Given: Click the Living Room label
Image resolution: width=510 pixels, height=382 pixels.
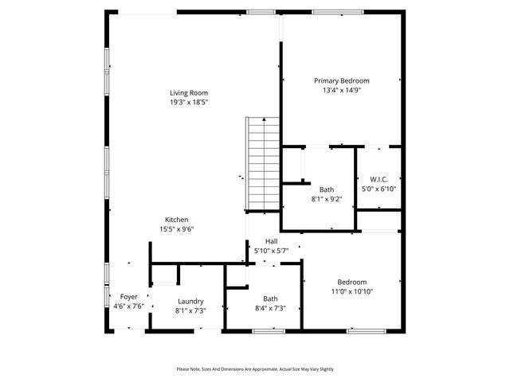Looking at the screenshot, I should [x=188, y=93].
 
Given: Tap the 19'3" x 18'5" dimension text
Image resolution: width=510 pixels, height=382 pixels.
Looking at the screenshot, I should [x=188, y=103].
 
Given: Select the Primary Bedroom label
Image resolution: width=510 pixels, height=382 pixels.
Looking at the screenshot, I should [x=341, y=80].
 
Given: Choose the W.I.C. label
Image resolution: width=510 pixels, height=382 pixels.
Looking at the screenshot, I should [x=379, y=179].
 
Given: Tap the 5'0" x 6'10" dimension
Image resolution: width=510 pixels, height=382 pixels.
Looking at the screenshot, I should [x=379, y=189].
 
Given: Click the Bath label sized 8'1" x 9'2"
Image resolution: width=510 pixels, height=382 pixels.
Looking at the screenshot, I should [x=327, y=189].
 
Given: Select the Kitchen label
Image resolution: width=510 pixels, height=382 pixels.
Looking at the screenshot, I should [x=176, y=220].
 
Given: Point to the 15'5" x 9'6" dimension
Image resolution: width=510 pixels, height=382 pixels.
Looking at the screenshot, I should [x=176, y=229].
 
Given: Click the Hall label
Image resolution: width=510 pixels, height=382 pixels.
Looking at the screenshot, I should [x=271, y=241].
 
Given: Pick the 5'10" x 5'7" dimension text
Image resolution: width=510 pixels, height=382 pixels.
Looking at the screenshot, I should [x=271, y=251].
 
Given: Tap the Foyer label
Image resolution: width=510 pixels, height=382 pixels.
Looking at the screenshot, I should [x=128, y=296].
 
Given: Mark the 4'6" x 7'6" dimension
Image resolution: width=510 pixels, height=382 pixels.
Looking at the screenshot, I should [x=128, y=306].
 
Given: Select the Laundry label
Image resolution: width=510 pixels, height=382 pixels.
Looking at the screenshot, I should [x=190, y=301].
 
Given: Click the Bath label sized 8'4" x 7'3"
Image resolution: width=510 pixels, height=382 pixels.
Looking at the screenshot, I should [x=270, y=298].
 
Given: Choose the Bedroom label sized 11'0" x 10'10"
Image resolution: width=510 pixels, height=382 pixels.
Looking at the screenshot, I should [x=351, y=282].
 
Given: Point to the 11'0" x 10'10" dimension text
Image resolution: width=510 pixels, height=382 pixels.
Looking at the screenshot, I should [x=351, y=291].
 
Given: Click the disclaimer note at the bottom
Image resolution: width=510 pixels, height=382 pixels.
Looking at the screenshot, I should [x=255, y=369].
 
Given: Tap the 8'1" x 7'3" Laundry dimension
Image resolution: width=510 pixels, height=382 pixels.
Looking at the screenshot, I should [x=190, y=310].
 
